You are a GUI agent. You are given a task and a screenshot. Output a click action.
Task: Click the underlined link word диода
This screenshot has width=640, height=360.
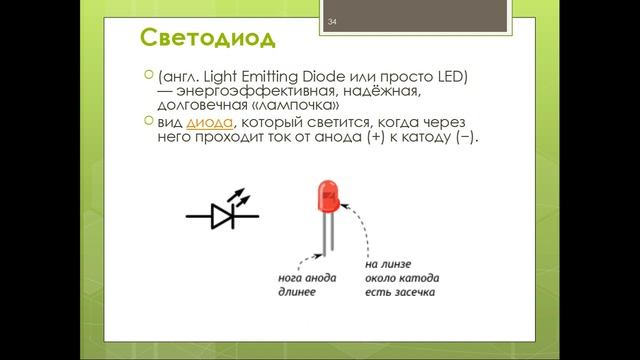click(x=210, y=122)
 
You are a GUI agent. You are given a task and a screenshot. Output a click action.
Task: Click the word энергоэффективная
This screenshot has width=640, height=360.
click(x=244, y=91)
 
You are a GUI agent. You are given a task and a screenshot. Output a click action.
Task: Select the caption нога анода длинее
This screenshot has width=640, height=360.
click(x=308, y=284)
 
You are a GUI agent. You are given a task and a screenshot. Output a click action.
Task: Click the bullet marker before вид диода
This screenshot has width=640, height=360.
click(x=149, y=121)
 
